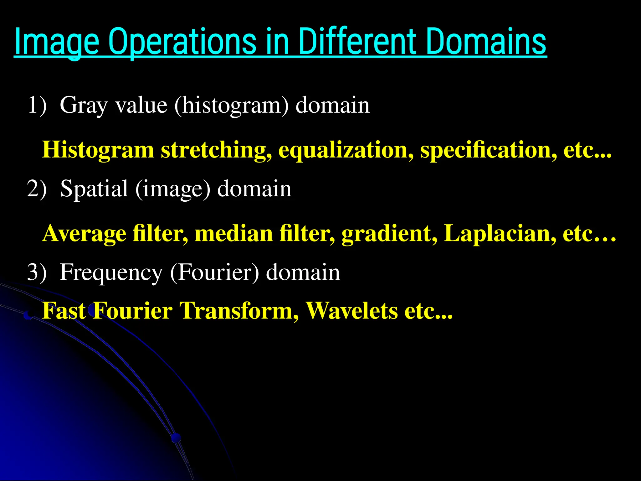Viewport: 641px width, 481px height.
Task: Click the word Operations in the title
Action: point(182,42)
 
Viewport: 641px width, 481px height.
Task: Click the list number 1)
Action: point(37,105)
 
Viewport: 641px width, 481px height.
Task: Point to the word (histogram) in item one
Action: point(231,106)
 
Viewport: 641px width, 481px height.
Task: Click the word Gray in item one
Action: point(84,106)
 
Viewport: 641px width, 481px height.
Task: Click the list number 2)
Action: point(37,189)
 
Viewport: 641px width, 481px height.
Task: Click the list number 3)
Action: point(37,272)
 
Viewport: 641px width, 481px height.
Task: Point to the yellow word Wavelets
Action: point(352,311)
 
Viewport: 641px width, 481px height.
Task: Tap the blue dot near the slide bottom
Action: point(176,437)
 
